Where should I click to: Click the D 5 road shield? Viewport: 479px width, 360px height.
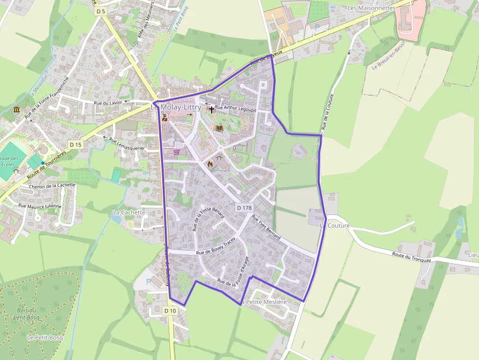[x=101, y=11]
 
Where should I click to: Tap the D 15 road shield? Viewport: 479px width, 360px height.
[x=75, y=145]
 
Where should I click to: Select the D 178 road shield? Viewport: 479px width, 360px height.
[x=244, y=208]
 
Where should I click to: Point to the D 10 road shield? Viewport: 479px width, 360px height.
[x=170, y=311]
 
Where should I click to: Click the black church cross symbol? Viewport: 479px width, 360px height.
[x=212, y=109]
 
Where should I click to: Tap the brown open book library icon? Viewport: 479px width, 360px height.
[x=219, y=128]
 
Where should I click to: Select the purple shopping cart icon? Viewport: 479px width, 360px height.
[x=176, y=151]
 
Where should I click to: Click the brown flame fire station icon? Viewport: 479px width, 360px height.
[x=210, y=164]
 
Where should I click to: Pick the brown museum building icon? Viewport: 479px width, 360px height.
[x=17, y=110]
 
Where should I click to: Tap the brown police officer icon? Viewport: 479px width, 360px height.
[x=165, y=117]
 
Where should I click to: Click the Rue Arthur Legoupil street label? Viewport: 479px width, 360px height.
[x=236, y=108]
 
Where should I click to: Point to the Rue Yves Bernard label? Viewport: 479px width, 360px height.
[x=266, y=227]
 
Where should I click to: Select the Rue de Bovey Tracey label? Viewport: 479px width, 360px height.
[x=216, y=247]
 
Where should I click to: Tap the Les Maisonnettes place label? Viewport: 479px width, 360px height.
[x=371, y=8]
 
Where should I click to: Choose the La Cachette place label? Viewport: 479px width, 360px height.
[x=129, y=212]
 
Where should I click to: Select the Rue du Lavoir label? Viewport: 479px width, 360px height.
[x=108, y=103]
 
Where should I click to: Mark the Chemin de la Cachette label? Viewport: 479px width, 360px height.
[x=52, y=186]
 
